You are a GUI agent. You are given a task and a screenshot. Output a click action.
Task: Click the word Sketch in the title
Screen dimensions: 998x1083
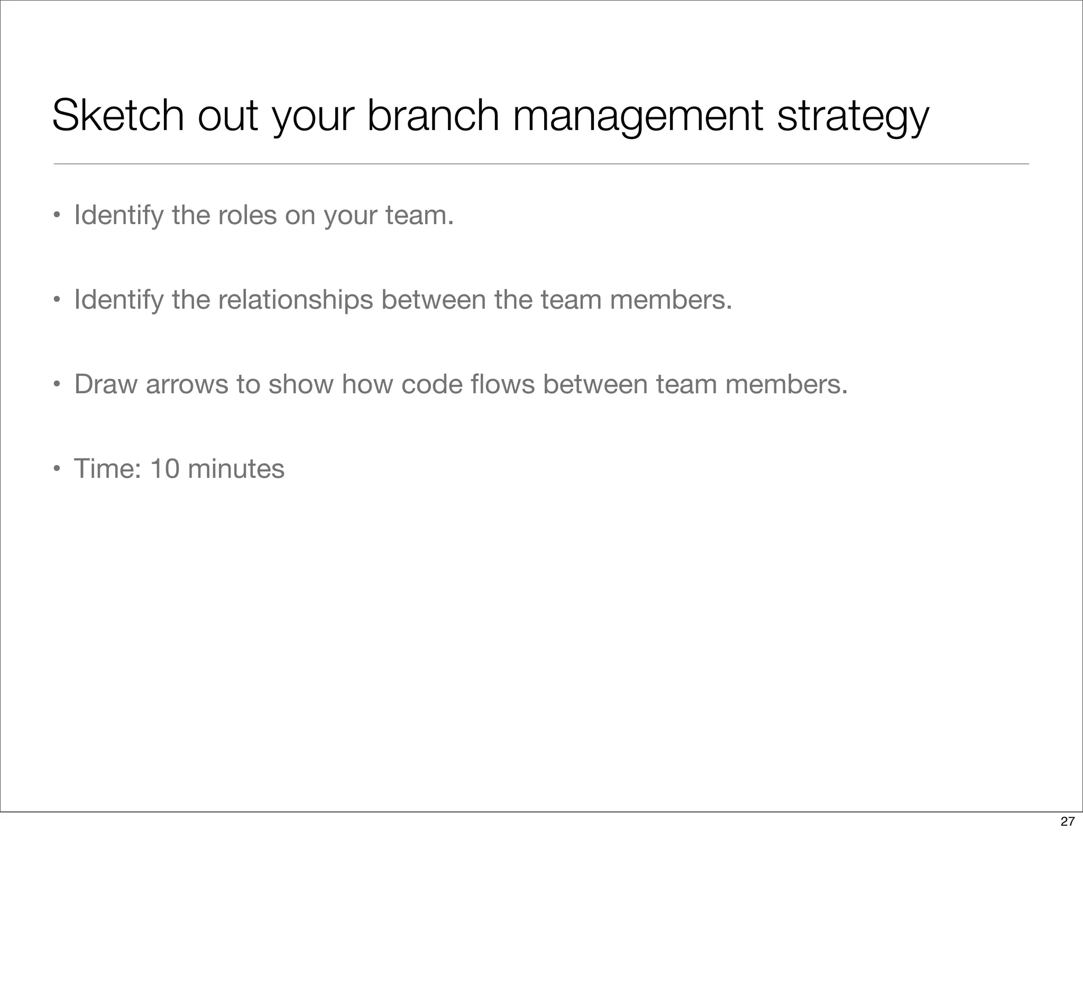pyautogui.click(x=118, y=115)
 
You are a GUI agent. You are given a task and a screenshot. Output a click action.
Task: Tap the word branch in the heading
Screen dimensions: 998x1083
pyautogui.click(x=433, y=115)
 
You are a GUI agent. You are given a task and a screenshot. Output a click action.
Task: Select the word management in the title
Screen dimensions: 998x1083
pyautogui.click(x=637, y=115)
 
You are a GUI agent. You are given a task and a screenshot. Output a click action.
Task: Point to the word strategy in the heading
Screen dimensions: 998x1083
pyautogui.click(x=853, y=115)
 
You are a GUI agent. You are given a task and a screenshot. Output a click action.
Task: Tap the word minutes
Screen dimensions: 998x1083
pyautogui.click(x=235, y=468)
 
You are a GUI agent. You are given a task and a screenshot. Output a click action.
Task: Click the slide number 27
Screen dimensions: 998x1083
pyautogui.click(x=1067, y=821)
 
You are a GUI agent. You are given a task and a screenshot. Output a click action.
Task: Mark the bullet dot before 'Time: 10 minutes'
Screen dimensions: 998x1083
pyautogui.click(x=56, y=469)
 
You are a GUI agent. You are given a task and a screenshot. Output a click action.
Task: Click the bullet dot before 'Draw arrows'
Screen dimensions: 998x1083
pyautogui.click(x=56, y=385)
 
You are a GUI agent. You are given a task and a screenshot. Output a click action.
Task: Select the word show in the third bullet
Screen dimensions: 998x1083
pyautogui.click(x=300, y=384)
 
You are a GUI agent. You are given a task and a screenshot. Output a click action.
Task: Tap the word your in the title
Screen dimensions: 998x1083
pyautogui.click(x=313, y=115)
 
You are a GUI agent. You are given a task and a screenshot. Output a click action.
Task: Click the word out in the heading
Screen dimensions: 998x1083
pyautogui.click(x=227, y=115)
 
